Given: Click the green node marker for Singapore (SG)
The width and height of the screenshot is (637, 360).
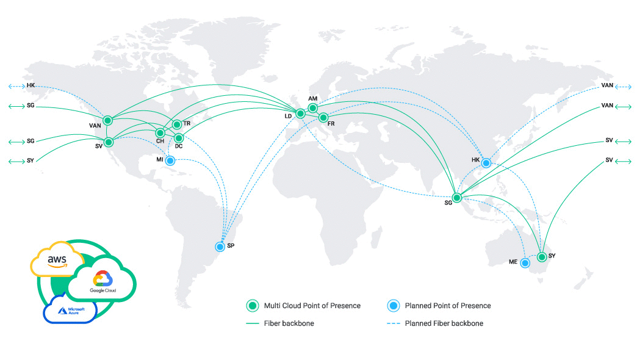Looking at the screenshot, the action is [457, 196].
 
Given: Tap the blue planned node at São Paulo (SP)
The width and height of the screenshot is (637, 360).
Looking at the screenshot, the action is [220, 247].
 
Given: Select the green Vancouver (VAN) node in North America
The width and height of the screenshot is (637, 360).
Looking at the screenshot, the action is [109, 120].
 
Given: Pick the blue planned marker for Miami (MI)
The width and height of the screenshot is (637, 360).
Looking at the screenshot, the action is [170, 160].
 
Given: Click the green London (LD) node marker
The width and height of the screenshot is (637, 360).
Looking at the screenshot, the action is [300, 113].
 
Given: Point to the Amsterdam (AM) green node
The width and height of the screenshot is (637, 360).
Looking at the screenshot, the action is [313, 108].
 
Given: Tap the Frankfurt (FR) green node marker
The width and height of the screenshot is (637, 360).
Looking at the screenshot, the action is [324, 117].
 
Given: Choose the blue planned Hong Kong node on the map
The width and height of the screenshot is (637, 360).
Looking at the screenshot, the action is [486, 163].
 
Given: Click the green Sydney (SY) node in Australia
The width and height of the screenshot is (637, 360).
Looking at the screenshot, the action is [541, 257].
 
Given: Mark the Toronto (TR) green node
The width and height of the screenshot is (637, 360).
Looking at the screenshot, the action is [177, 124].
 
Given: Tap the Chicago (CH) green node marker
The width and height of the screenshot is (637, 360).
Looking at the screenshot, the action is [160, 132].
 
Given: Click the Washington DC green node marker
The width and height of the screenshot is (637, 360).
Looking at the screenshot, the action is [179, 139].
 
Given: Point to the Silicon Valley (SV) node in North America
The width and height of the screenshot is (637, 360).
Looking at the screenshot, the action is [109, 142].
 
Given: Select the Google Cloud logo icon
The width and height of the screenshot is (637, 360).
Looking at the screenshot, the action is [102, 279].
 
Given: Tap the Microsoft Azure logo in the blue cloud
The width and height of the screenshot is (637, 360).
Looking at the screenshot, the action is [71, 311].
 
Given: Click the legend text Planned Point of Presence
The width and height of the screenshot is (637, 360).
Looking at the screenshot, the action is [448, 306].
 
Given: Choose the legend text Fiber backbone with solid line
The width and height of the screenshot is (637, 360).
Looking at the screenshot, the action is [289, 323].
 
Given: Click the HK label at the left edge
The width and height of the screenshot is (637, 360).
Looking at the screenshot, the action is [31, 85].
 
